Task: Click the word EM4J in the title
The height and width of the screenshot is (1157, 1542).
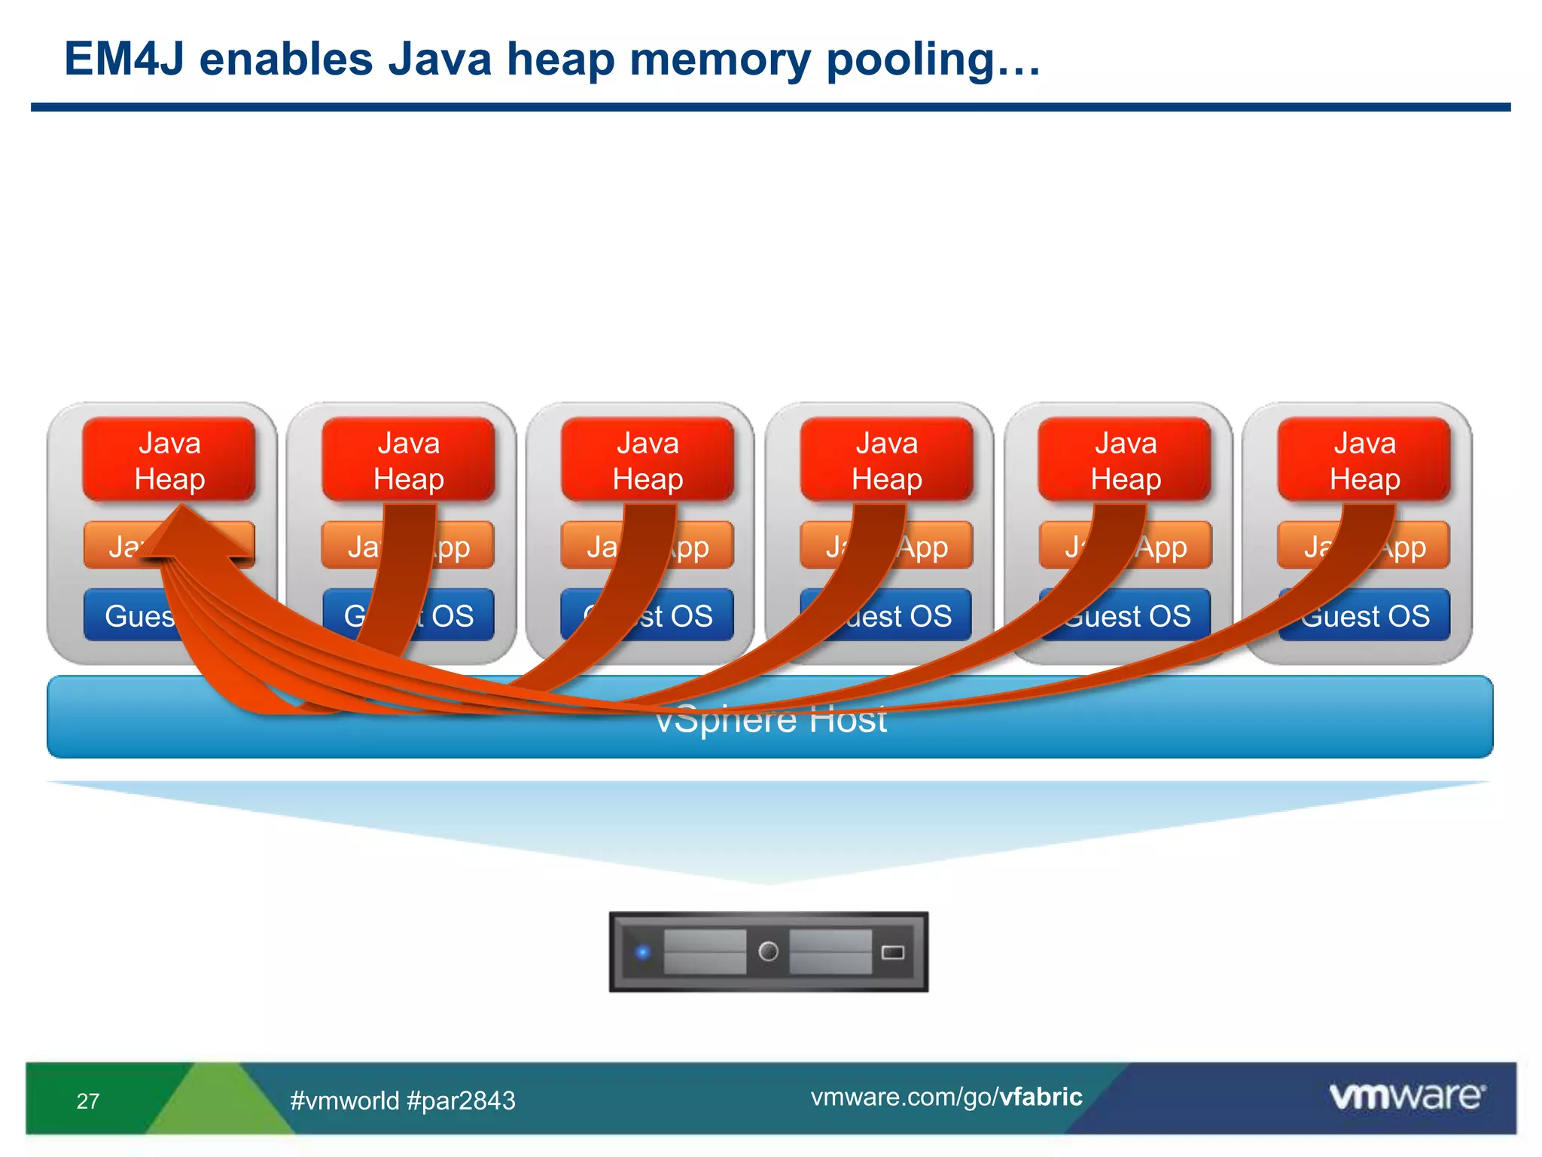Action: tap(124, 60)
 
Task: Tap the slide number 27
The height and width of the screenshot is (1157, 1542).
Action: tap(88, 1101)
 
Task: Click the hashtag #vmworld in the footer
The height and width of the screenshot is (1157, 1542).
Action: tap(345, 1101)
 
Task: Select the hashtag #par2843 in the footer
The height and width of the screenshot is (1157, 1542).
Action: tap(461, 1101)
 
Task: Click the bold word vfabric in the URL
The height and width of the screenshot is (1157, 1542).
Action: tap(1041, 1097)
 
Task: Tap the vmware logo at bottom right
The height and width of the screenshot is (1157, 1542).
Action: tap(1406, 1096)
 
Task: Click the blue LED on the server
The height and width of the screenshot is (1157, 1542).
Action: tap(642, 952)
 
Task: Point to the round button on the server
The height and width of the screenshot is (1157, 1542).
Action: tap(768, 952)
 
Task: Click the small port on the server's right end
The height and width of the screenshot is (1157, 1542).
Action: tap(892, 953)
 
